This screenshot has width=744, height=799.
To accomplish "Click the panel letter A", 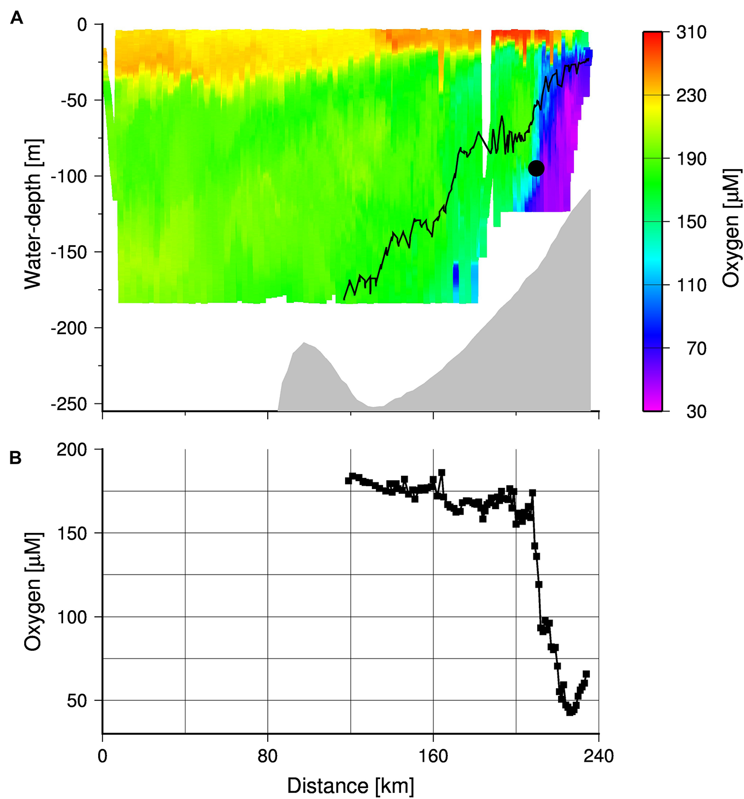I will [16, 19].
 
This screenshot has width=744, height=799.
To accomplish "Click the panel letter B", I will [16, 457].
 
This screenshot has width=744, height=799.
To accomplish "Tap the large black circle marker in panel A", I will [536, 168].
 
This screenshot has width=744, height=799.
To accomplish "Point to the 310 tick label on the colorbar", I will [691, 32].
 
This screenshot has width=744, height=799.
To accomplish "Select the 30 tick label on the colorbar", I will [696, 411].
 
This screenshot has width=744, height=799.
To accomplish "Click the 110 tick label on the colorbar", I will [691, 285].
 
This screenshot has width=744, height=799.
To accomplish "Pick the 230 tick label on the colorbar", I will [691, 95].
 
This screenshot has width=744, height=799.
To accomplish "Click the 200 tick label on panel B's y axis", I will [72, 449].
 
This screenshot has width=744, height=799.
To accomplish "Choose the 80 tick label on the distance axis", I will [268, 756].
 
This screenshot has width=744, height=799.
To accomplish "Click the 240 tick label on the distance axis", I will [599, 756].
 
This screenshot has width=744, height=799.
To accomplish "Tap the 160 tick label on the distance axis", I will [433, 756].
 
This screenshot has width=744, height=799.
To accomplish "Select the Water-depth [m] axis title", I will [33, 213].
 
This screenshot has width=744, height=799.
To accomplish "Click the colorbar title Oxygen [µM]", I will [731, 228].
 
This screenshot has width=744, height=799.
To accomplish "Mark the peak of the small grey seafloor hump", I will [305, 343].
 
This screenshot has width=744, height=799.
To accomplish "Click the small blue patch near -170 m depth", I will [455, 277].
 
